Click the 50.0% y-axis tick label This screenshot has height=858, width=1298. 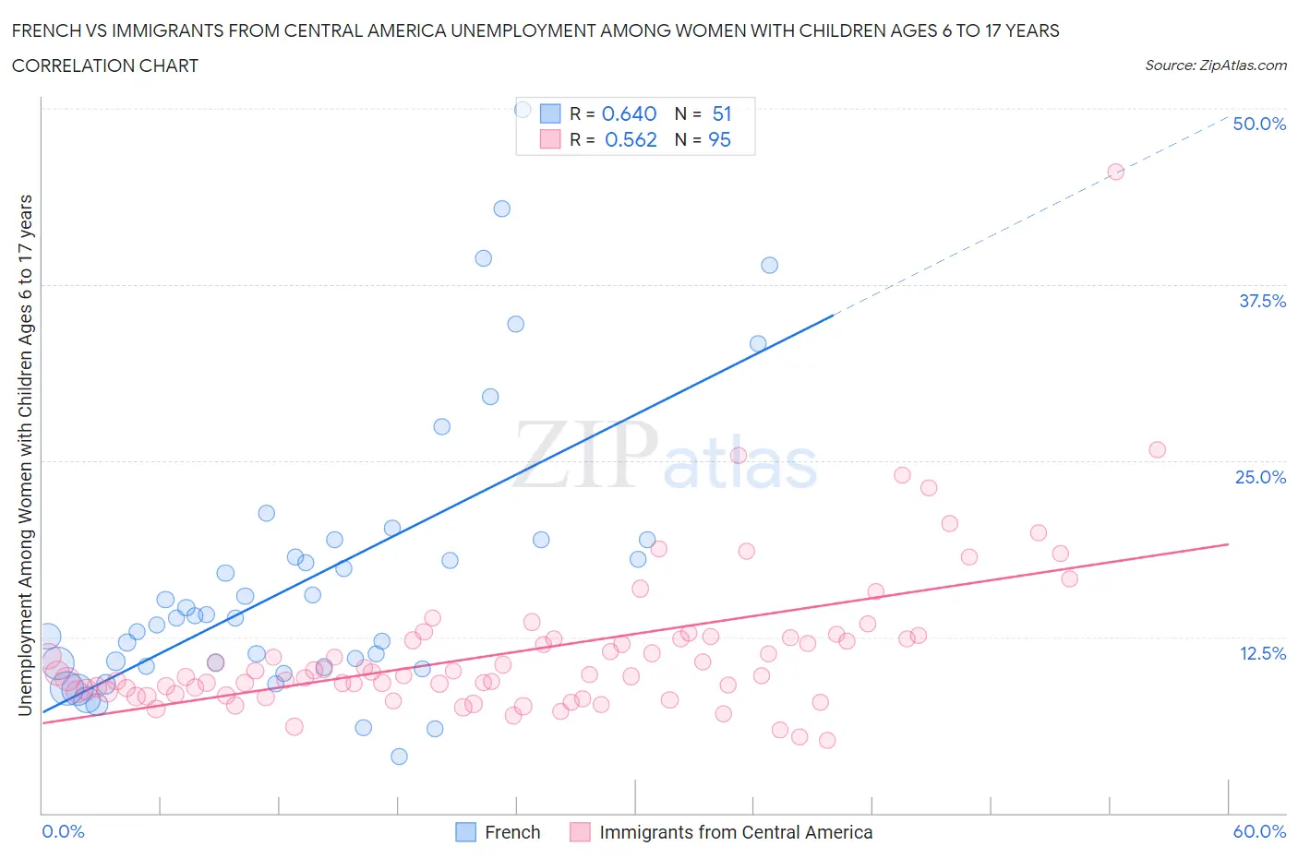click(x=1259, y=124)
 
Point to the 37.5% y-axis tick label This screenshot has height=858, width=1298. click(x=1262, y=301)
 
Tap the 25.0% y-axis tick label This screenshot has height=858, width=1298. click(x=1260, y=477)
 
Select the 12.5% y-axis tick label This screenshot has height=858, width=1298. click(x=1262, y=653)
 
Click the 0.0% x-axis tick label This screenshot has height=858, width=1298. click(x=63, y=831)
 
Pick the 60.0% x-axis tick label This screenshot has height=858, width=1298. click(x=1259, y=831)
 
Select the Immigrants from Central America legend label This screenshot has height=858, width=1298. click(x=735, y=832)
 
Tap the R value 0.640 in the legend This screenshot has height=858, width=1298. click(x=629, y=113)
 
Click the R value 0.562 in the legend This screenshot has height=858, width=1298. click(x=631, y=139)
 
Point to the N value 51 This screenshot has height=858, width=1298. click(x=722, y=113)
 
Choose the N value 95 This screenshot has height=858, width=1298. click(x=719, y=139)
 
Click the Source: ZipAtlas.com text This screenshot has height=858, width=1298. click(x=1215, y=66)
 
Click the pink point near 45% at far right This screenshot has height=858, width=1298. click(x=1115, y=172)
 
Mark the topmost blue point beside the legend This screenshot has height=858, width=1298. click(x=523, y=110)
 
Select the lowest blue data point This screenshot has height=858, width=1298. click(x=399, y=757)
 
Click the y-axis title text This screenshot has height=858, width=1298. click(x=25, y=455)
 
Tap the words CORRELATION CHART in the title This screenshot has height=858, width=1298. click(x=105, y=66)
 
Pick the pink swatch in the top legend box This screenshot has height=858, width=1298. click(x=550, y=139)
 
